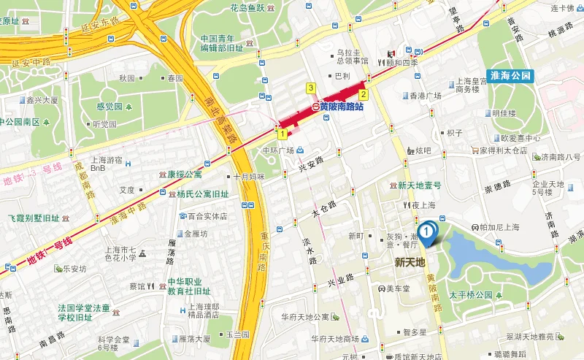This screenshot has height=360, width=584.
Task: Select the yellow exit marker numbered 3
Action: point(311,88)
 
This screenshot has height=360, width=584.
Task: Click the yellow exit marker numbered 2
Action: point(362,94)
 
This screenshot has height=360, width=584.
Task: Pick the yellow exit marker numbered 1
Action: point(281,134)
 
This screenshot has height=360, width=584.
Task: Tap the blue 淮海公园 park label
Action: point(512,76)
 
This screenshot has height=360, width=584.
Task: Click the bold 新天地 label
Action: point(410,261)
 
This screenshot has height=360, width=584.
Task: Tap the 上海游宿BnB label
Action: point(108,164)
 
